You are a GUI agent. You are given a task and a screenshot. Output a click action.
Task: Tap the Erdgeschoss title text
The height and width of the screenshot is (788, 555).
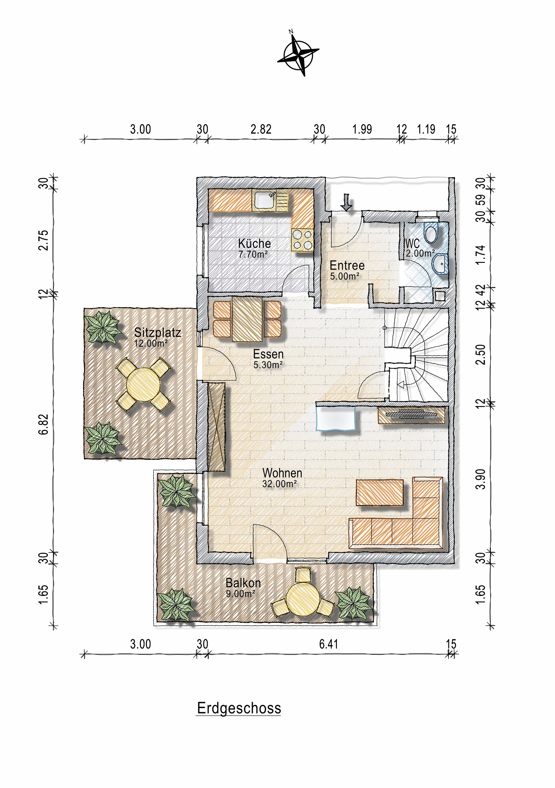(x=239, y=708)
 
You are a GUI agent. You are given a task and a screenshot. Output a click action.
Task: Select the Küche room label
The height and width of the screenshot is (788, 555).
(x=254, y=243)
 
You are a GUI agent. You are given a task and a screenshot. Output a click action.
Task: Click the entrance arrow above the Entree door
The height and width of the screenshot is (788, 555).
(x=346, y=202)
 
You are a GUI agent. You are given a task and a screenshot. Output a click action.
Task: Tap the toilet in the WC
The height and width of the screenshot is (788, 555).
(x=430, y=233)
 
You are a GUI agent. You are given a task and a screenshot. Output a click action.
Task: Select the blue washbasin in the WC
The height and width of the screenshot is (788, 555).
(x=440, y=264)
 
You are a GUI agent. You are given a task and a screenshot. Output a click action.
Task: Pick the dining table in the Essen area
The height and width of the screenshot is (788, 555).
(x=247, y=319)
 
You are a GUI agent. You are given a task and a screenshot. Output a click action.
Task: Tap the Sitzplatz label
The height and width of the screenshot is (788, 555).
(x=158, y=332)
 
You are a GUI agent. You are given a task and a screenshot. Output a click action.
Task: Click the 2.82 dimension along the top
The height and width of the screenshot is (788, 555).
(x=261, y=129)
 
